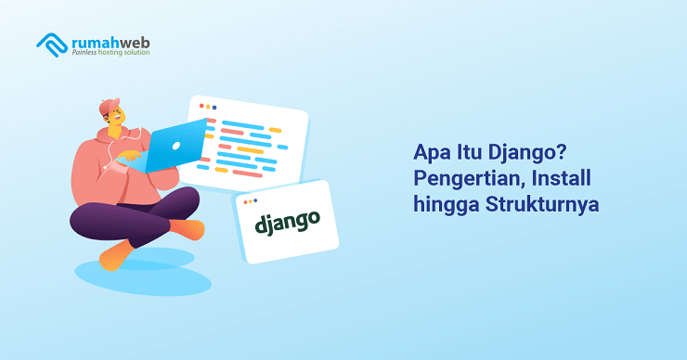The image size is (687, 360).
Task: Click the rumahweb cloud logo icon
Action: [52, 43]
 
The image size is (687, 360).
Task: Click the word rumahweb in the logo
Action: [110, 40]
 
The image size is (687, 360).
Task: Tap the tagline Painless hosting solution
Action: [110, 53]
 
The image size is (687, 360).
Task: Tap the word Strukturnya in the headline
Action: [543, 206]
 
